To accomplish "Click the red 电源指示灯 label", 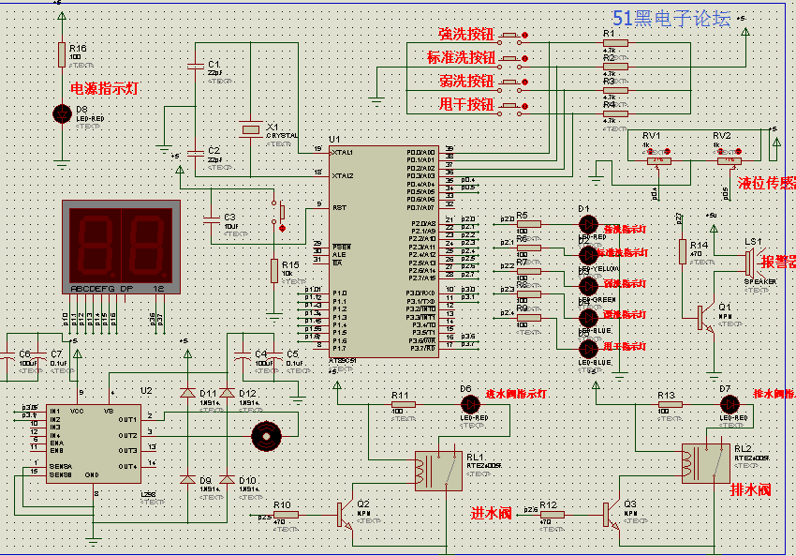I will click(104, 89).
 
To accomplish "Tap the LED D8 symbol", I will click(62, 114).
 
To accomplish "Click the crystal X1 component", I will click(250, 128).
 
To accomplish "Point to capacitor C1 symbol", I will click(196, 66).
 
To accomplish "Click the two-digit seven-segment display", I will click(120, 242).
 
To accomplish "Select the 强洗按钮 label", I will click(465, 35).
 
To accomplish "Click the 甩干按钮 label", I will click(465, 104).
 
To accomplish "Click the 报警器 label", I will click(777, 262).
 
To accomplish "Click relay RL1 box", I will click(438, 470).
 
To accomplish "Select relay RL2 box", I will click(706, 462).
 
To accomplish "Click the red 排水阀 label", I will click(749, 489).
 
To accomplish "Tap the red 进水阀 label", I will click(491, 513).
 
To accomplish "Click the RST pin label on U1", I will click(339, 208).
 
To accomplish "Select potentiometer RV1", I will click(659, 160).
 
